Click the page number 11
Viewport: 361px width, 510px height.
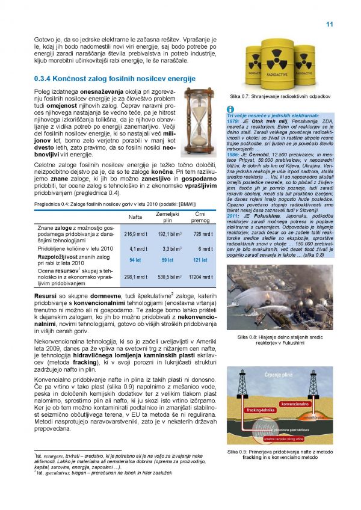pos(329,24)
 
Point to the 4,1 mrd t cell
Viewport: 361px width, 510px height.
pos(138,248)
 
